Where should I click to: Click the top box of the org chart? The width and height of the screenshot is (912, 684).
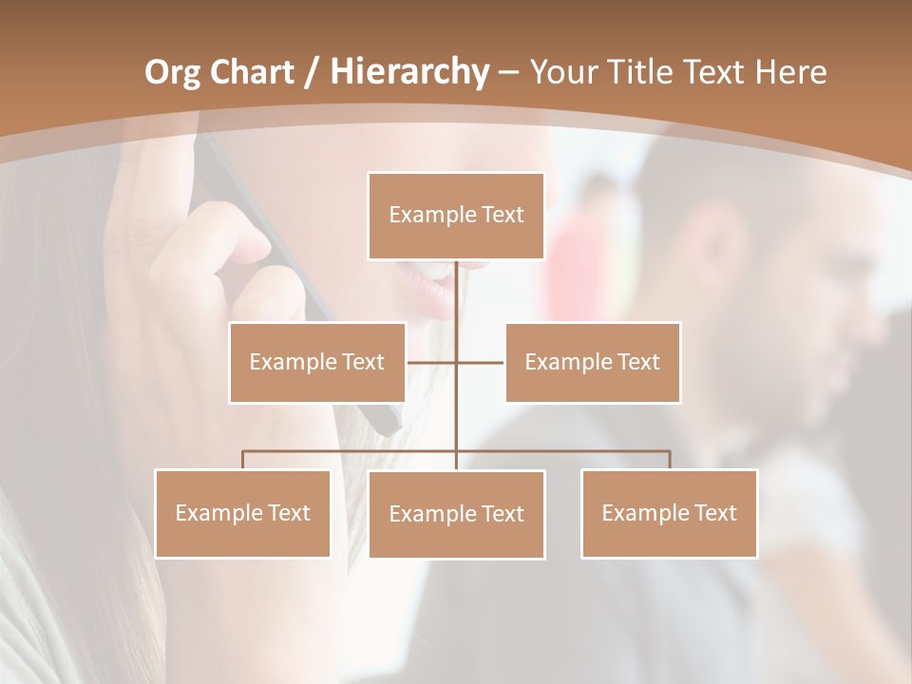pyautogui.click(x=456, y=216)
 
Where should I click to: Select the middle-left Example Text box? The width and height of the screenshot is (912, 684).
pyautogui.click(x=317, y=362)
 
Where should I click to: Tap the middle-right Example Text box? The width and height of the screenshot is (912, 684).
pyautogui.click(x=593, y=362)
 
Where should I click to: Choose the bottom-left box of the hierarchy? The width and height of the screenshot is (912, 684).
pyautogui.click(x=243, y=513)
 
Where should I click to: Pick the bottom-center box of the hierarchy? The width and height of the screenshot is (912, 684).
pyautogui.click(x=456, y=514)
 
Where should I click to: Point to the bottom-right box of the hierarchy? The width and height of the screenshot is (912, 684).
pyautogui.click(x=670, y=513)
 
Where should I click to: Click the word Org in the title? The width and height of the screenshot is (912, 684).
pyautogui.click(x=174, y=72)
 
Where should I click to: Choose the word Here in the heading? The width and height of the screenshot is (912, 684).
pyautogui.click(x=790, y=72)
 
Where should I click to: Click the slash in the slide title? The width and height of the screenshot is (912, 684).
pyautogui.click(x=309, y=72)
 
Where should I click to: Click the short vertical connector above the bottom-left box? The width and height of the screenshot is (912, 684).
pyautogui.click(x=243, y=460)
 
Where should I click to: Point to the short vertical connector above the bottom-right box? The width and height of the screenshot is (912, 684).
pyautogui.click(x=670, y=460)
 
